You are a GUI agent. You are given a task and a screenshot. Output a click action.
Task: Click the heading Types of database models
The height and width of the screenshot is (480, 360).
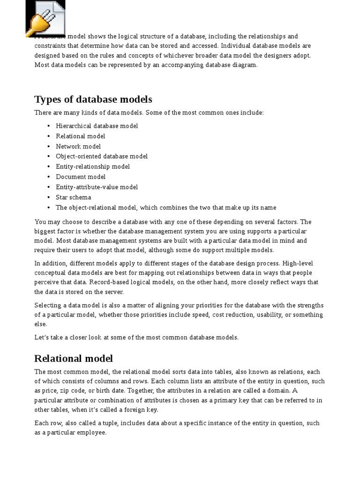pyautogui.click(x=93, y=99)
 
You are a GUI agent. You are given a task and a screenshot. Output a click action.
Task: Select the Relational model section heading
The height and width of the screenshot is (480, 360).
pyautogui.click(x=74, y=359)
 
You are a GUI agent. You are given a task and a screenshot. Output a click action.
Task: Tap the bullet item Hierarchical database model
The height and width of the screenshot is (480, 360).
pyautogui.click(x=97, y=126)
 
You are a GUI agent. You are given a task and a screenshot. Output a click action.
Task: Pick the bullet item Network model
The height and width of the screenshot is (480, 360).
pyautogui.click(x=78, y=146)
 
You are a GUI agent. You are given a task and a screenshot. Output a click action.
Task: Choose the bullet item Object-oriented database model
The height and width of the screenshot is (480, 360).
pyautogui.click(x=101, y=157)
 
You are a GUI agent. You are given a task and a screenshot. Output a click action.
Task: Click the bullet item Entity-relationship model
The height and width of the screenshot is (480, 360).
pyautogui.click(x=92, y=167)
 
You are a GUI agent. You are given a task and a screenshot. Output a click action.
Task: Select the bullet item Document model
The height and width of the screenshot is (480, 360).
pyautogui.click(x=81, y=177)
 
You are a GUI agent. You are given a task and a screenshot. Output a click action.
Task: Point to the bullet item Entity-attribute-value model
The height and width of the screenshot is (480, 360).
pyautogui.click(x=97, y=187)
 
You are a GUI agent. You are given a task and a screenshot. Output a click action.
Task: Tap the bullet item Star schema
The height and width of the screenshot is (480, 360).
pyautogui.click(x=73, y=197)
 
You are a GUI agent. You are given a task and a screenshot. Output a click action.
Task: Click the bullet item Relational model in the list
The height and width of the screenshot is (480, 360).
pyautogui.click(x=80, y=136)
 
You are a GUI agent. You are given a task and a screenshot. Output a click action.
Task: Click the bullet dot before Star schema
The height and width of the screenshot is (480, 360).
pyautogui.click(x=49, y=197)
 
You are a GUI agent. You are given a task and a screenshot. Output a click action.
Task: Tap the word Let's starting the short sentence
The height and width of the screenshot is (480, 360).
pyautogui.click(x=41, y=337)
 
